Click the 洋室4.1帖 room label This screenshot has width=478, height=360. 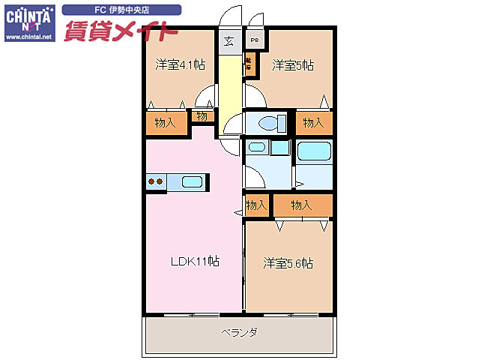tap(180, 64)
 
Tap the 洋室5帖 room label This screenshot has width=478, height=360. tap(292, 64)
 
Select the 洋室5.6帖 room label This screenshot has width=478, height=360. tap(288, 263)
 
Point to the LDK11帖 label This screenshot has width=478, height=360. tap(195, 262)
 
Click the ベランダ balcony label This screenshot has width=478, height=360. tap(239, 331)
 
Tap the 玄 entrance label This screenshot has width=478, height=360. tap(229, 41)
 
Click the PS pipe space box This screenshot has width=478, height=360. tap(254, 40)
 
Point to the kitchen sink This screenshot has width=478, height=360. tap(192, 181)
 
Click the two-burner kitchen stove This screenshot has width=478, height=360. tap(156, 181)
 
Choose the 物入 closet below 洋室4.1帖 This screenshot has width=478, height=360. tap(165, 123)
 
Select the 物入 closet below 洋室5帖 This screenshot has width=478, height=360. tap(313, 123)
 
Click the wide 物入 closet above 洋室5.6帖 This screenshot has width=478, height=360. tap(301, 205)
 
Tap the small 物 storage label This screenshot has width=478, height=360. tap(202, 116)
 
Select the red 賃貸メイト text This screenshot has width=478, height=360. tap(120, 31)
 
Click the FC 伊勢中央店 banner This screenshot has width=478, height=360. tap(121, 10)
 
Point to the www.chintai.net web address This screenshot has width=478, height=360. tap(28, 36)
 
